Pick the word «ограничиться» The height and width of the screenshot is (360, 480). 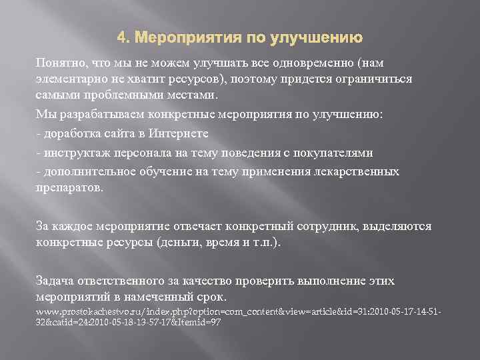[375, 79]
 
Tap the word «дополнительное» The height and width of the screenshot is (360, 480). [89, 171]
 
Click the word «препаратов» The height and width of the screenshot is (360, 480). [69, 187]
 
